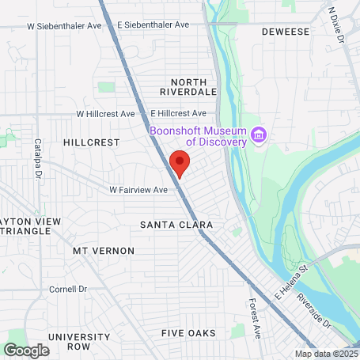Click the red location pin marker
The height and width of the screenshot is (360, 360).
coord(180,163)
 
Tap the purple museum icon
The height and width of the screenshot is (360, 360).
coord(259,136)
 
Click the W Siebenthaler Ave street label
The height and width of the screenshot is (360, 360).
coord(65,25)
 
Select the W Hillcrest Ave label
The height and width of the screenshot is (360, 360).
coord(105,114)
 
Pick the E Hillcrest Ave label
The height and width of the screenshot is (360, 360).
coord(178,114)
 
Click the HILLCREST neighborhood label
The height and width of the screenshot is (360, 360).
coord(91,142)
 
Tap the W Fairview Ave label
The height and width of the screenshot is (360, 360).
coord(138,190)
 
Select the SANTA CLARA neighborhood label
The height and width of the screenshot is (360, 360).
coord(176,225)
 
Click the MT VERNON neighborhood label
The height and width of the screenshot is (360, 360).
coord(104,251)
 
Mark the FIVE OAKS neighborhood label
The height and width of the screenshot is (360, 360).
coord(188,333)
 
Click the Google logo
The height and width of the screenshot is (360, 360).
coord(26,349)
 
